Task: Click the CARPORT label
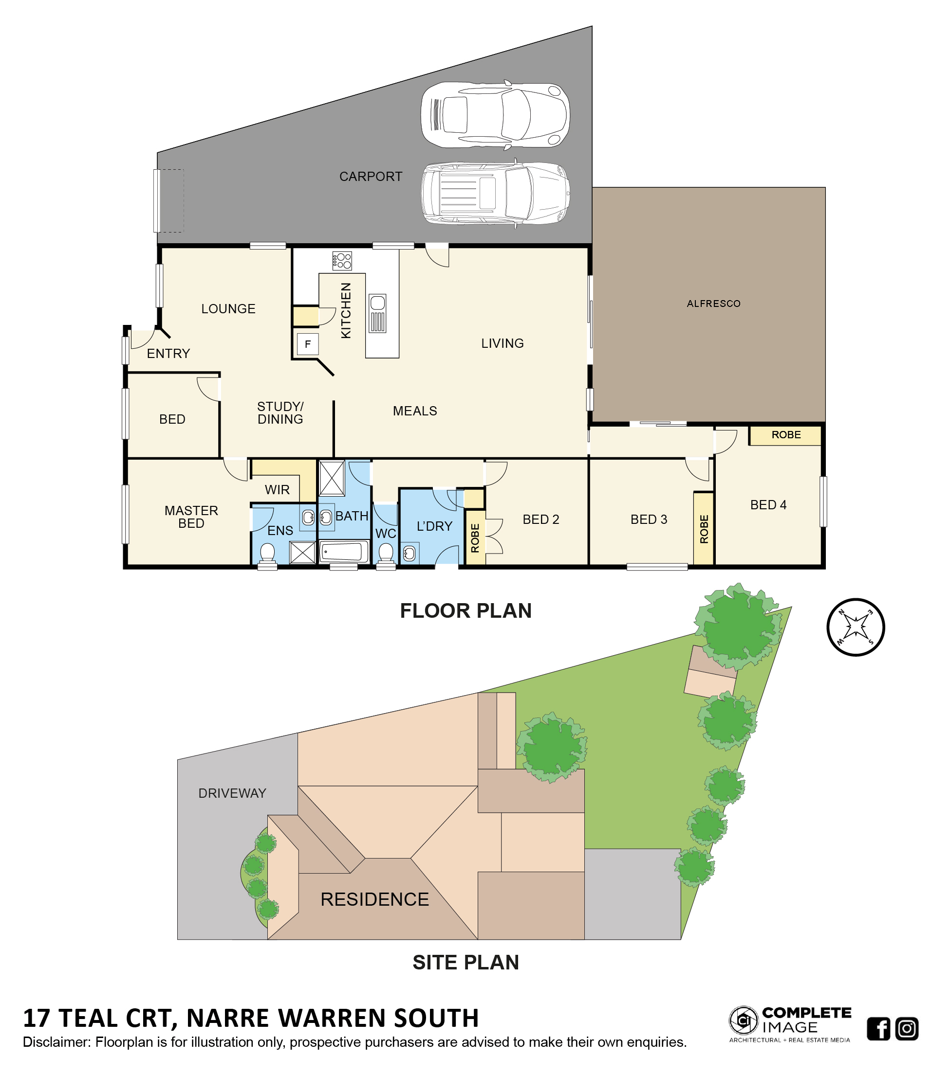[x=370, y=177]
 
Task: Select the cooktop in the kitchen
[x=342, y=260]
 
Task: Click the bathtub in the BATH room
[x=343, y=552]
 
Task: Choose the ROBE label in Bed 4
[x=786, y=435]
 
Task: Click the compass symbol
[x=855, y=627]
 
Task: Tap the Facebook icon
[x=878, y=1029]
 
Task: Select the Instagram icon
[x=907, y=1029]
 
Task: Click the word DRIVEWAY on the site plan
[x=232, y=793]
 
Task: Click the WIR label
[x=277, y=490]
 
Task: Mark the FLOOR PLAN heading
[x=466, y=611]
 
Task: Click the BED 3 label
[x=649, y=519]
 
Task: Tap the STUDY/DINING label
[x=280, y=412]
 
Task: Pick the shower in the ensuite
[x=303, y=553]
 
